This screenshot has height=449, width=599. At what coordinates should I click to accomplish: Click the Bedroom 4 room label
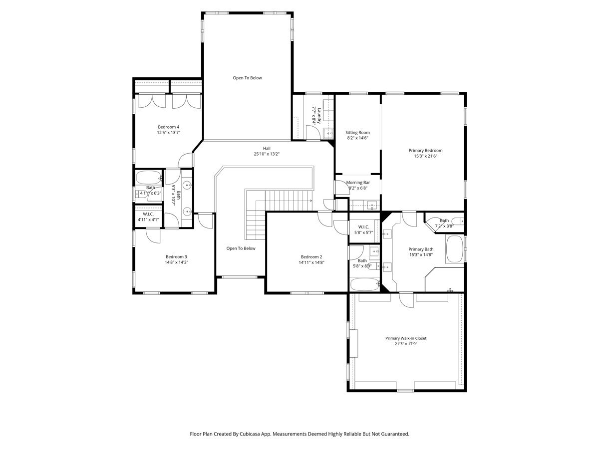(x=168, y=127)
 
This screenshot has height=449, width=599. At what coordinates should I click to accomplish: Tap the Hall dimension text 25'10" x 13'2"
(x=267, y=154)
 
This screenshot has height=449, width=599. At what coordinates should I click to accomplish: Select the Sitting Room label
(x=357, y=133)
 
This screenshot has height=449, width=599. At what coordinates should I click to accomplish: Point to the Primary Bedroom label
(x=425, y=151)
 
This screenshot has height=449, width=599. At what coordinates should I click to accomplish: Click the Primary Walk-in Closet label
(x=406, y=338)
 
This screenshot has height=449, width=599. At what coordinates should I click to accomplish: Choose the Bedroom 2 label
(x=311, y=256)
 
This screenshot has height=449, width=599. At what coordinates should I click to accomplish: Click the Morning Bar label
(x=357, y=183)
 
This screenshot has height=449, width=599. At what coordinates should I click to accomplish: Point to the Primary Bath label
(x=421, y=249)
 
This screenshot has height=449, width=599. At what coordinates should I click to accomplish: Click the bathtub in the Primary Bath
(x=454, y=249)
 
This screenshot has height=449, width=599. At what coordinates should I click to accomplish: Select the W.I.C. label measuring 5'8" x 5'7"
(x=363, y=227)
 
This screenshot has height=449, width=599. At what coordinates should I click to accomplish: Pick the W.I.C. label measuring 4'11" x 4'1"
(x=148, y=214)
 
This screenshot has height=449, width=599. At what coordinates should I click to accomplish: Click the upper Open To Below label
(x=247, y=78)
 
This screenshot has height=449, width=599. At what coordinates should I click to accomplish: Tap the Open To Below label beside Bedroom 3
(x=241, y=248)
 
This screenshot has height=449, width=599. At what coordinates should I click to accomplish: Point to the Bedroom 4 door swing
(x=185, y=160)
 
